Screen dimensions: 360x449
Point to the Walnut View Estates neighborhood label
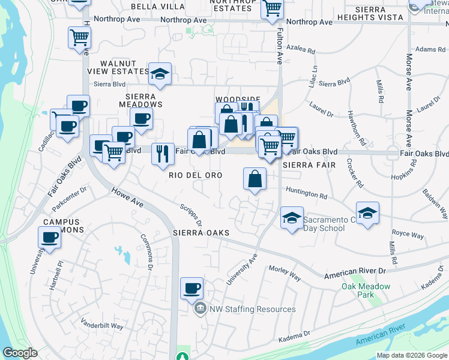pos(124,67)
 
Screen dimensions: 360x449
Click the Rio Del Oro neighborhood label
pos(195,175)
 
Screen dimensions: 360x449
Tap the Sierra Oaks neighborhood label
pos(201,232)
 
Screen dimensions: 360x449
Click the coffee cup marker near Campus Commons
pos(49,238)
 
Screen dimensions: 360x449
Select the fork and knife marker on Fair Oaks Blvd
pos(161,153)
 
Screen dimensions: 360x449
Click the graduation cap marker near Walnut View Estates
pos(160,73)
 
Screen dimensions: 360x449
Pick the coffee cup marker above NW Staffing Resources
pos(191,288)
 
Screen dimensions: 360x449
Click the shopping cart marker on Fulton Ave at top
pos(273,8)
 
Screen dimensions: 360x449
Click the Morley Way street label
pos(285,273)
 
